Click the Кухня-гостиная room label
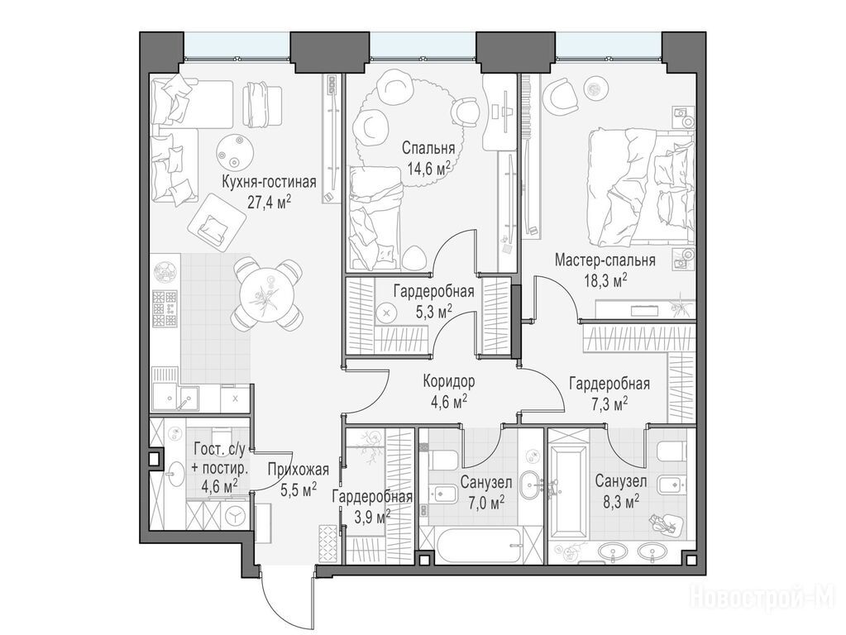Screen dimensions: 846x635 269,182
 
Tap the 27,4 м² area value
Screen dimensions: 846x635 269,202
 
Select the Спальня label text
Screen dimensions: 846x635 429,148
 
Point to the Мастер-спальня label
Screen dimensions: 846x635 605,260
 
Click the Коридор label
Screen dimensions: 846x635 449,382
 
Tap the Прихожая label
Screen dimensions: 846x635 298,470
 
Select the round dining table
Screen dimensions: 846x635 266,294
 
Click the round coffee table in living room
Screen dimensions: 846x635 235,151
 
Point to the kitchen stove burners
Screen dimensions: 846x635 165,308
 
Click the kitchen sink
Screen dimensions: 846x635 175,399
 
